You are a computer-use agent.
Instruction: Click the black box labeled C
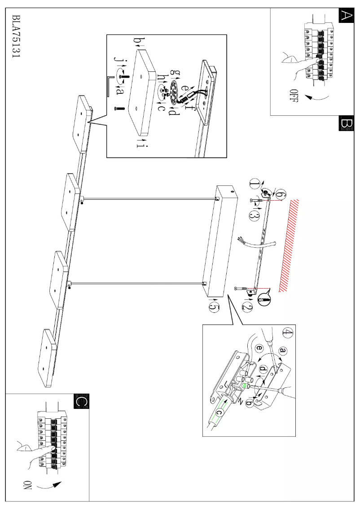pyautogui.click(x=81, y=401)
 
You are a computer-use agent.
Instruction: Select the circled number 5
pyautogui.click(x=215, y=307)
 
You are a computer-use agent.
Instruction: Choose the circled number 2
pyautogui.click(x=247, y=307)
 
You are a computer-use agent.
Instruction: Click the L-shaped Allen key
pyautogui.click(x=110, y=85)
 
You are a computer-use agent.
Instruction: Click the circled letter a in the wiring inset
pyautogui.click(x=283, y=350)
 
